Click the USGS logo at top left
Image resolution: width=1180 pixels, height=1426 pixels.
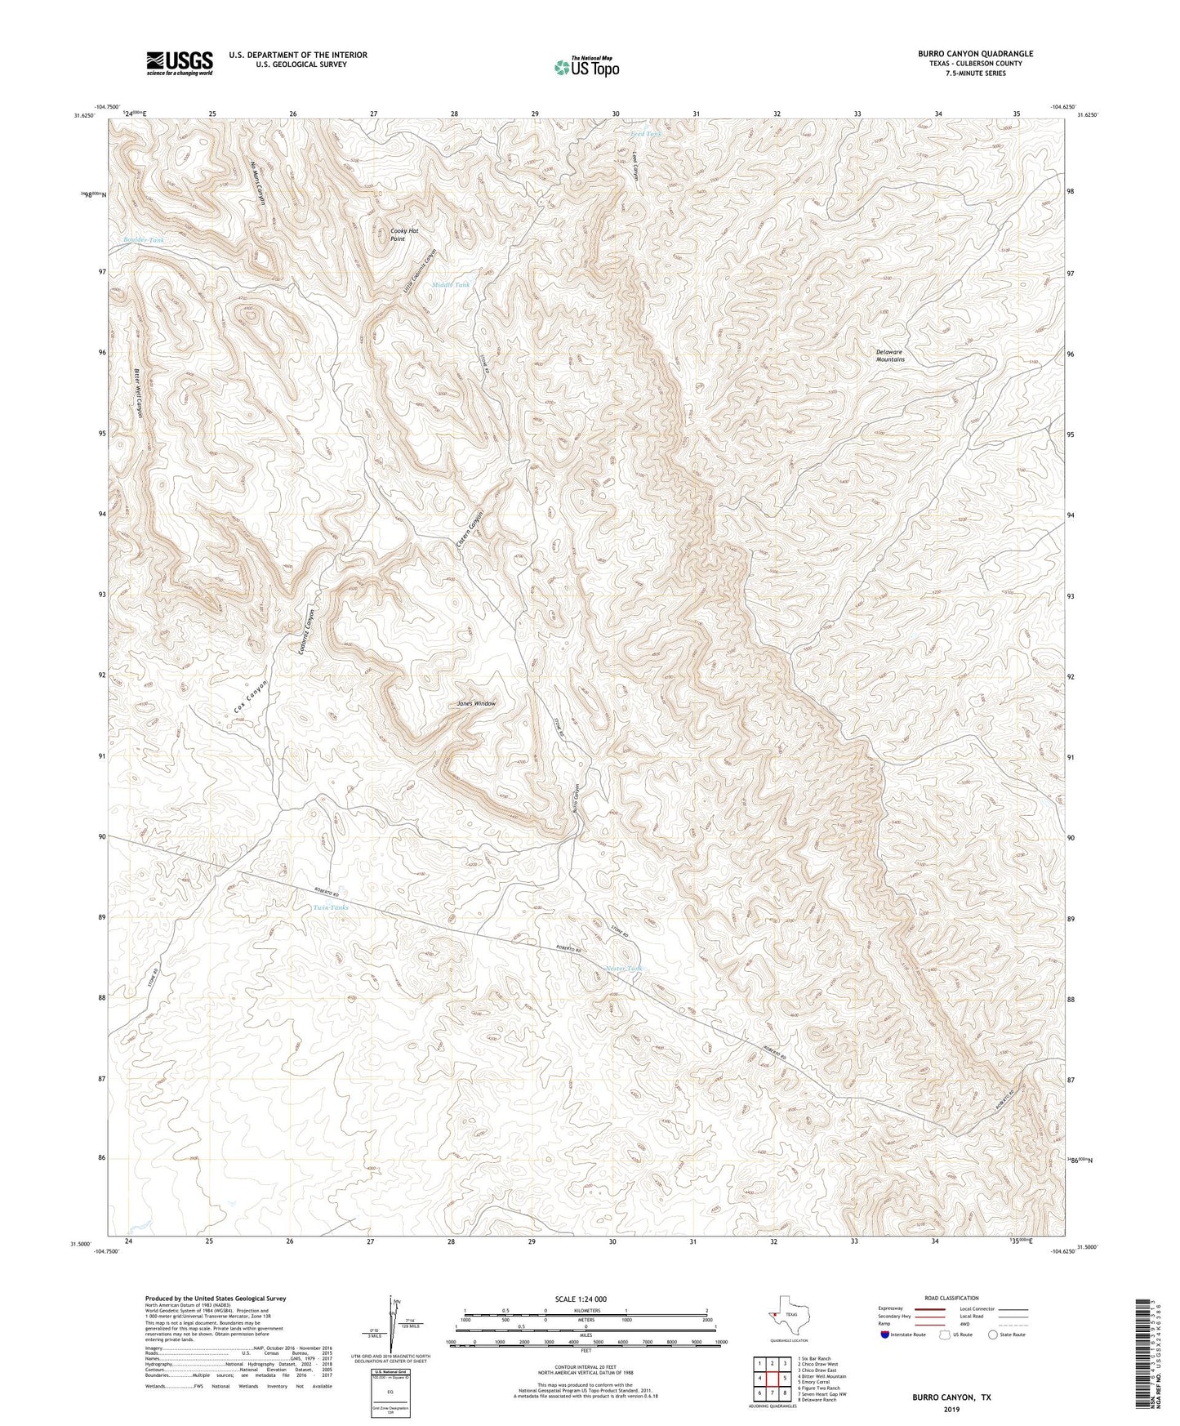pos(180,63)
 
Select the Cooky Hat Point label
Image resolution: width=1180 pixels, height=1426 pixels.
pos(403,235)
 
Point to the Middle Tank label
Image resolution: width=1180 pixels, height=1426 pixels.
pos(451,285)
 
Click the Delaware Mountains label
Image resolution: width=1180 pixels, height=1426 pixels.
pos(889,356)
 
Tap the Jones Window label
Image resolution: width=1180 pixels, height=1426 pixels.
pos(476,703)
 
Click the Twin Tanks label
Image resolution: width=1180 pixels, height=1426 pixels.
pos(331,907)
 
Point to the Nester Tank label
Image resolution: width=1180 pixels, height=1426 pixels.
pos(625,969)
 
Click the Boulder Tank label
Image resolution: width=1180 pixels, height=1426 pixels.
pos(144,240)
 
